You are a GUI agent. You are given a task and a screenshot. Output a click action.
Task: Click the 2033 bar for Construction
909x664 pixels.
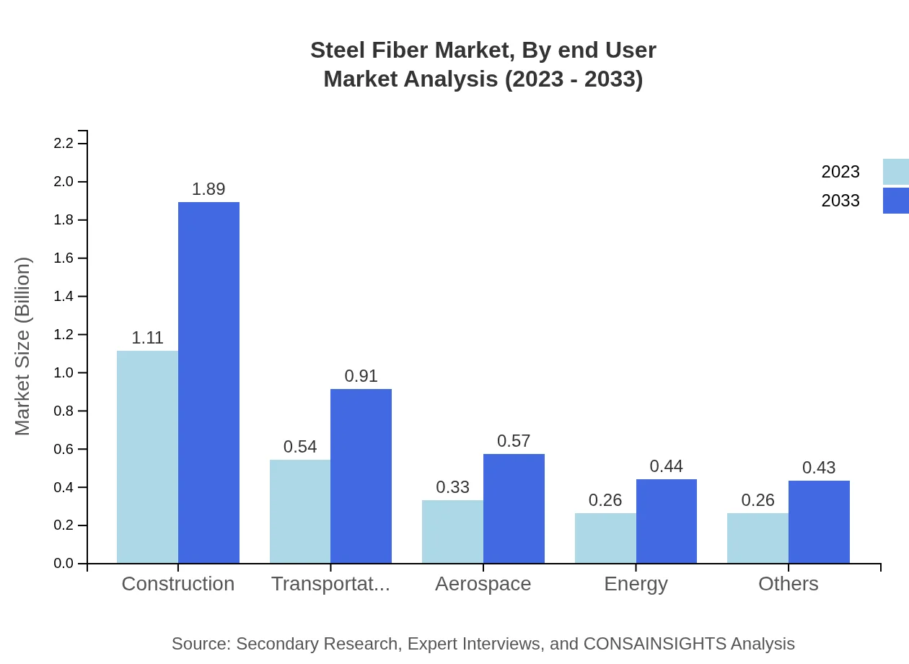(x=208, y=383)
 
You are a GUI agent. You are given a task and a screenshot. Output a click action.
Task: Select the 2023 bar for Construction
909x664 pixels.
(x=147, y=457)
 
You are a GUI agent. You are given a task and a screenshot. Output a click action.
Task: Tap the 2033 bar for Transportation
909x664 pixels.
(x=361, y=476)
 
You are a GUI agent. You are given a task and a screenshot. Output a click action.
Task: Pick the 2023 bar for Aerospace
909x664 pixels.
(x=452, y=531)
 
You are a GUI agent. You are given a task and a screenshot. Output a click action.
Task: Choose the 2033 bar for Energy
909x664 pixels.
(x=666, y=521)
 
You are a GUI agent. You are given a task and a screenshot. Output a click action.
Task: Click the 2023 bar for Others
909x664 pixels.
(x=757, y=538)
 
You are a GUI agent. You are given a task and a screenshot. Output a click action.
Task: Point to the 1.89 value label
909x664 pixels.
(x=208, y=189)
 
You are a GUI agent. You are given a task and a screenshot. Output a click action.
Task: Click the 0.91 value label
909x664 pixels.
(x=361, y=376)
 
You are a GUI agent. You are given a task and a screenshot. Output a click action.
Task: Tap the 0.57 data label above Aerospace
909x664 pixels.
(x=514, y=441)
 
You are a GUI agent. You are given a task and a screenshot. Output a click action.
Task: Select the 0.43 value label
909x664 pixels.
(x=819, y=468)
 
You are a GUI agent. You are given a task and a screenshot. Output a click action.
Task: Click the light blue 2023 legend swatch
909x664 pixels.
(x=895, y=172)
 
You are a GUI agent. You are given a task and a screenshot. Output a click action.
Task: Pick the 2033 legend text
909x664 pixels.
(x=840, y=201)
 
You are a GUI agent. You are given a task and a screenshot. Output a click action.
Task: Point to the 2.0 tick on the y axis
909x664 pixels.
(x=64, y=182)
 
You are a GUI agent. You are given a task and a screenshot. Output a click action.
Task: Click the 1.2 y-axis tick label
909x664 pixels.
(x=64, y=335)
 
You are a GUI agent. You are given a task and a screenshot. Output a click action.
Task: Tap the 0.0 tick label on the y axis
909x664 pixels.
(x=64, y=564)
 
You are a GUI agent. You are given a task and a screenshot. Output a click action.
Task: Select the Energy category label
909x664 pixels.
(x=636, y=584)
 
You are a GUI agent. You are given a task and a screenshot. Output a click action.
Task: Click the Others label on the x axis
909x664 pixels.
(x=788, y=584)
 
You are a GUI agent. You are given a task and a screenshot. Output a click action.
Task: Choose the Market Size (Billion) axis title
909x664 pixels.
(x=23, y=346)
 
